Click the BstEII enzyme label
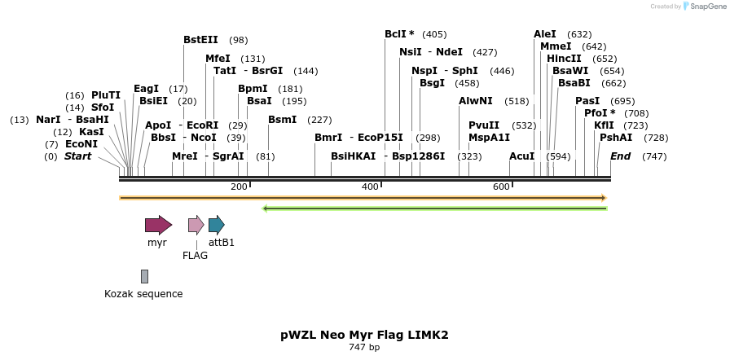(200, 40)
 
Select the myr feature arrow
(158, 225)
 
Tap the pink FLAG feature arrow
(196, 225)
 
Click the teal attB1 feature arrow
(216, 225)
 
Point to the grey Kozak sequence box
(144, 276)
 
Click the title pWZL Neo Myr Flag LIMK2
(364, 335)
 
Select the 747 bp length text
(364, 348)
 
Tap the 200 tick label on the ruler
(239, 187)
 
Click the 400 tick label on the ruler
(370, 187)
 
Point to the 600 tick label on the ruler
(501, 187)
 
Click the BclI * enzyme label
(399, 34)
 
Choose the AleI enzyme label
(545, 34)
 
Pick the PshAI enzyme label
(616, 138)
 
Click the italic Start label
(78, 156)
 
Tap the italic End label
(621, 156)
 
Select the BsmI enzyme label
(282, 120)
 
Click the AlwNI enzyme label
(476, 101)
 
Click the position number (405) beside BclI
(434, 34)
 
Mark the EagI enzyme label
(146, 88)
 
